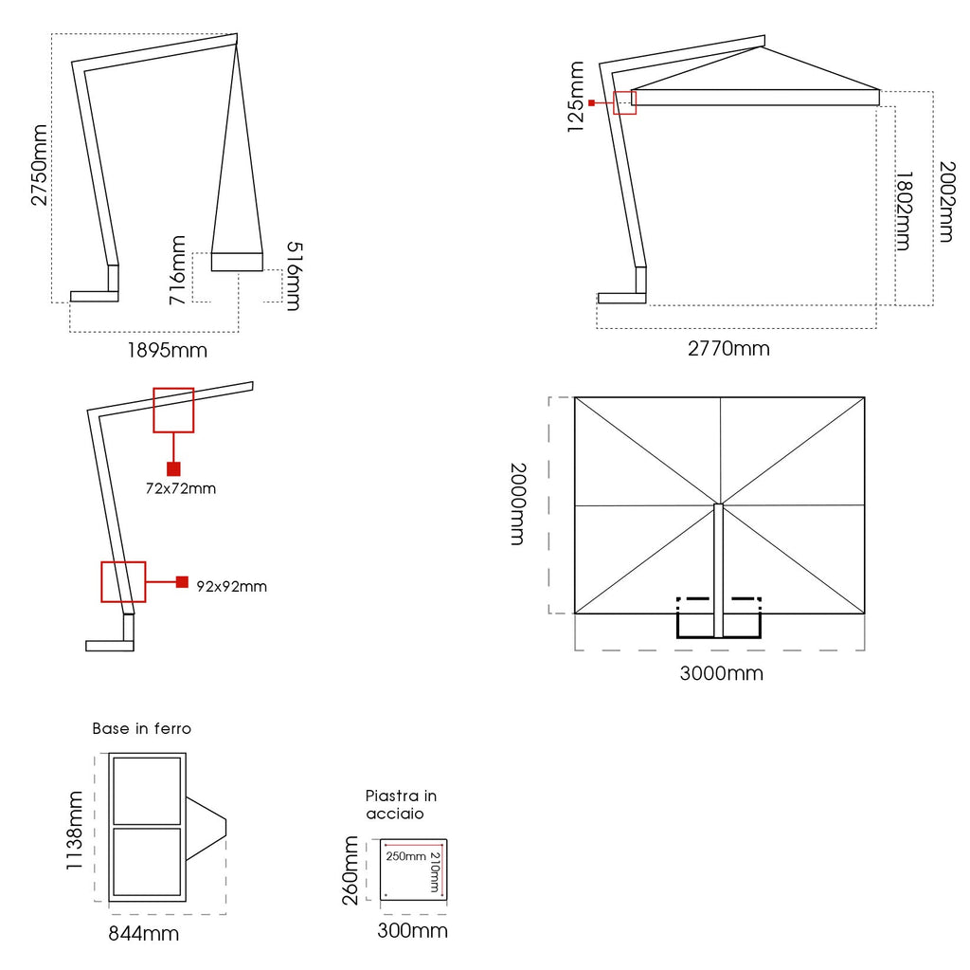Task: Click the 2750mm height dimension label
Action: pyautogui.click(x=39, y=164)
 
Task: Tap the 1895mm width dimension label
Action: pyautogui.click(x=168, y=350)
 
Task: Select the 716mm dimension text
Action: pyautogui.click(x=177, y=270)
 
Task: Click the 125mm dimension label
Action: pyautogui.click(x=576, y=97)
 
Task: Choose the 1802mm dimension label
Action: pyautogui.click(x=903, y=210)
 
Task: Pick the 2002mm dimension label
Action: pyautogui.click(x=945, y=201)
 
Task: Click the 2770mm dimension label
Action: pyautogui.click(x=728, y=348)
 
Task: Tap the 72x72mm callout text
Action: pyautogui.click(x=180, y=489)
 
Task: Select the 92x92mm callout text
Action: pyautogui.click(x=232, y=586)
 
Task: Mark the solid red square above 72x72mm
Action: pyautogui.click(x=173, y=468)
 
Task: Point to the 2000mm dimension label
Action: pyautogui.click(x=517, y=503)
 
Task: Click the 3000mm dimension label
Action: pyautogui.click(x=722, y=673)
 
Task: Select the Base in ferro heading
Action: pyautogui.click(x=141, y=729)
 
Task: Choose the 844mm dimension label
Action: pyautogui.click(x=143, y=934)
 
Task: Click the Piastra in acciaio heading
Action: pyautogui.click(x=402, y=805)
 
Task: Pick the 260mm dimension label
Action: pyautogui.click(x=350, y=870)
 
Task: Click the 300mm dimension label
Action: pyautogui.click(x=412, y=930)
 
